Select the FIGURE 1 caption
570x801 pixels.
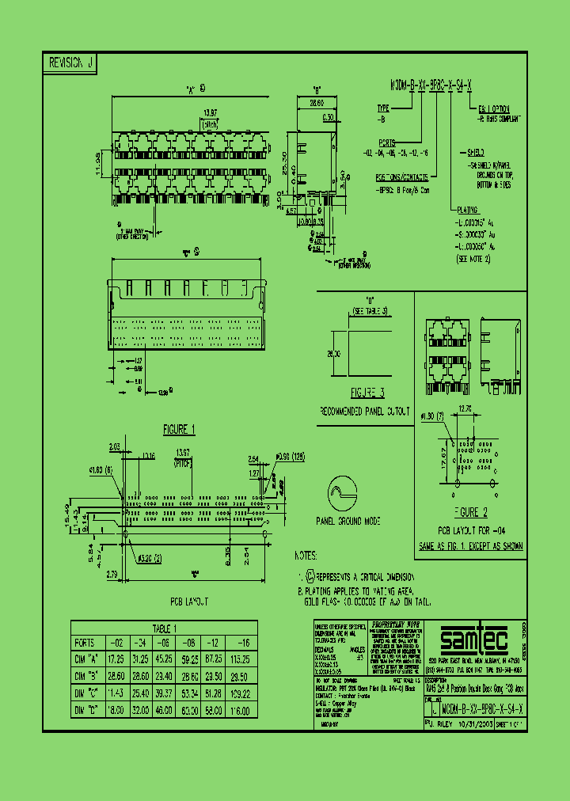coord(179,429)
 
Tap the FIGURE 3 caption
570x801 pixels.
coord(367,393)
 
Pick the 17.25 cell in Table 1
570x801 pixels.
coord(116,659)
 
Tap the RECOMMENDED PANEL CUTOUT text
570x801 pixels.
coord(366,412)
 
